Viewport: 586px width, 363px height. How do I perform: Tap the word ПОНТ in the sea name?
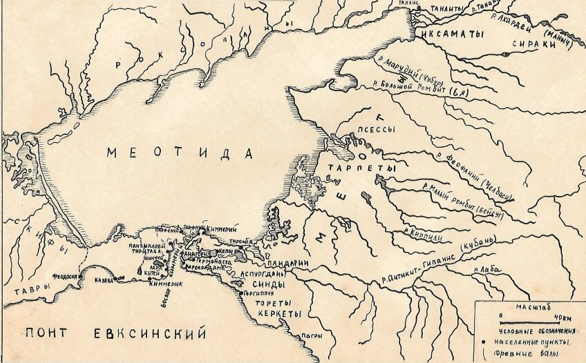click(x=50, y=334)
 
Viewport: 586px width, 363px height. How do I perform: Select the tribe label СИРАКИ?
click(x=530, y=43)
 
